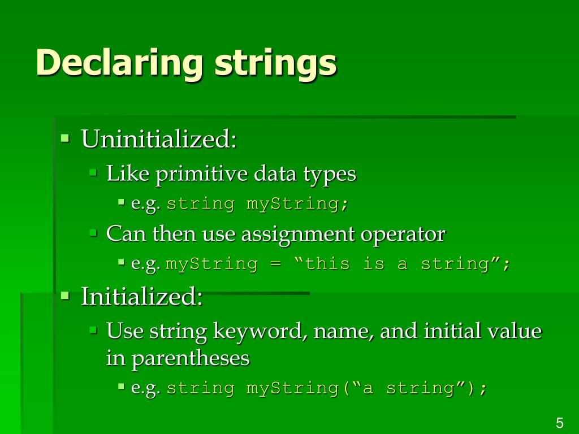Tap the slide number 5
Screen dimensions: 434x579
tap(560, 423)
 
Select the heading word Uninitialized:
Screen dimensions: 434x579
tap(159, 139)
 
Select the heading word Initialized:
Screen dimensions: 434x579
tap(142, 297)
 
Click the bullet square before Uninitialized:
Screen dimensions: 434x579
tap(65, 137)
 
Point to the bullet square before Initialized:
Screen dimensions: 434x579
tap(65, 294)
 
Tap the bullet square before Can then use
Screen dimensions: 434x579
tap(94, 232)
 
